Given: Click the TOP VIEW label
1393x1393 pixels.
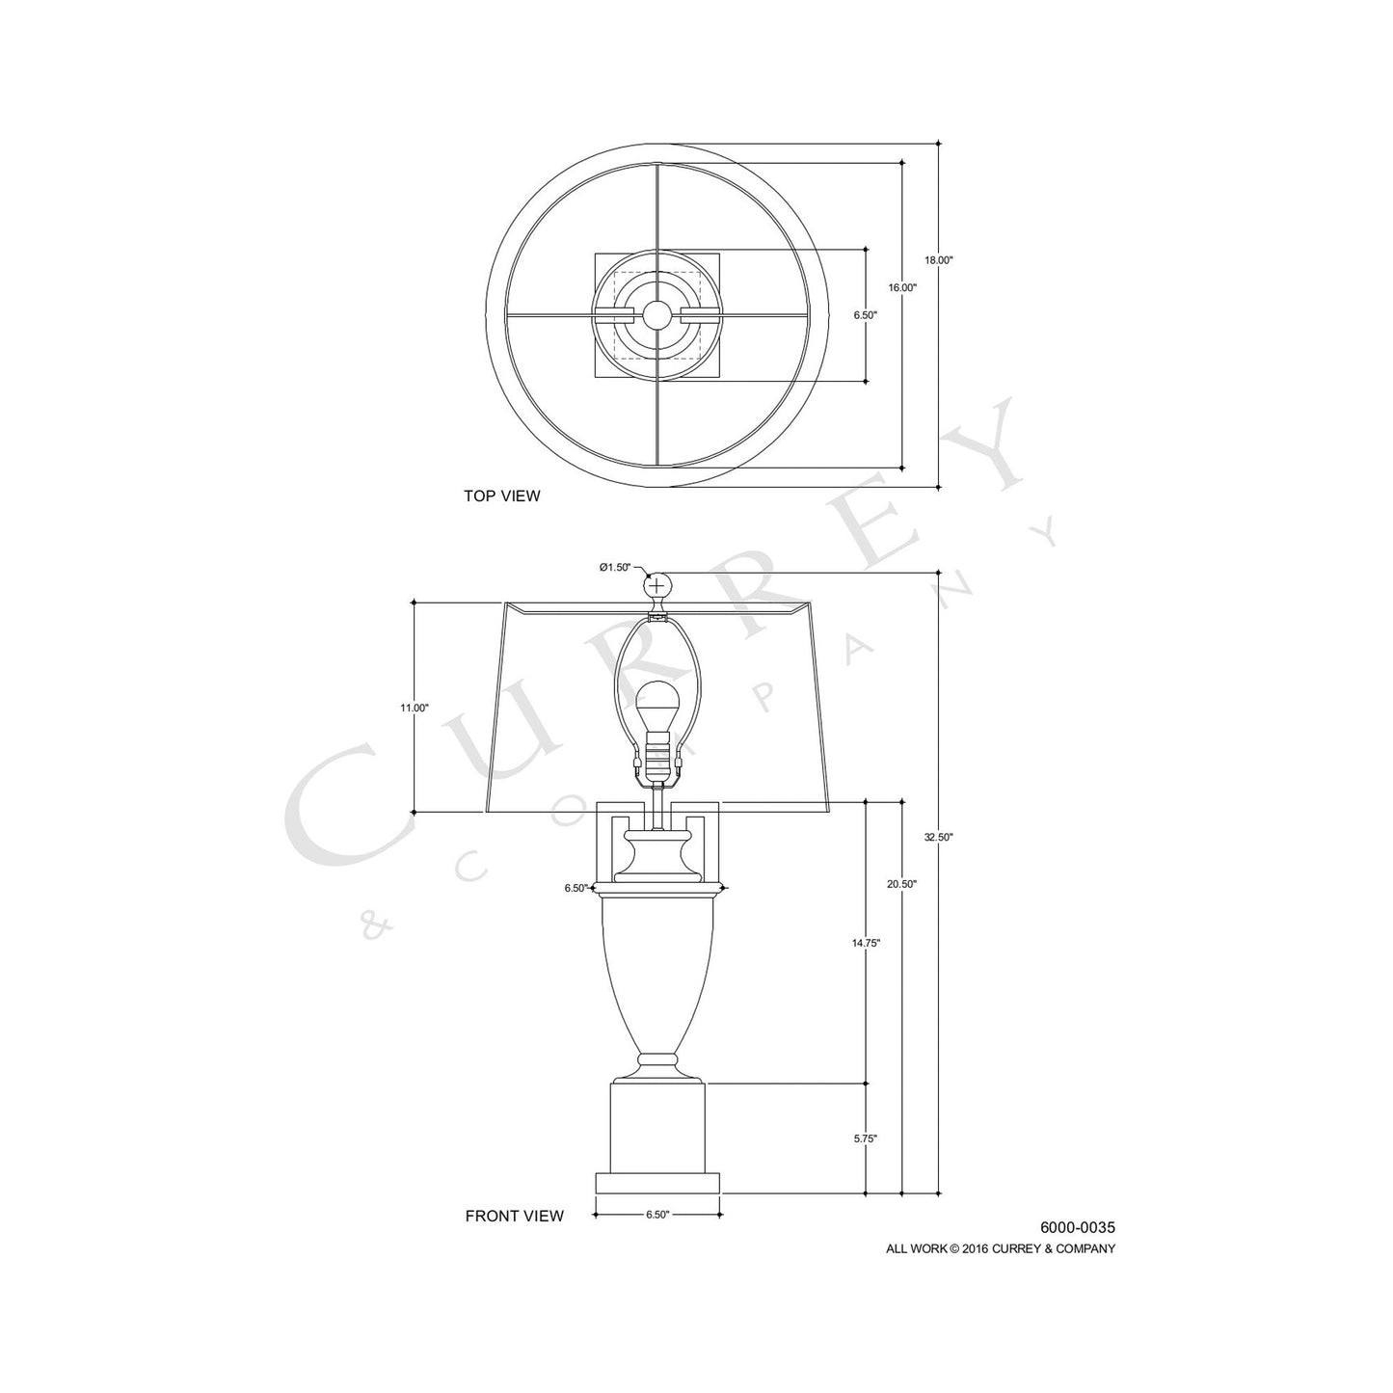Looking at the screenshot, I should point(501,496).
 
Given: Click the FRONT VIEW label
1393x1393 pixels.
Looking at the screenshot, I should point(514,1216).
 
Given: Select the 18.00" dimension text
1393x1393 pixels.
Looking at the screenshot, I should point(938,260).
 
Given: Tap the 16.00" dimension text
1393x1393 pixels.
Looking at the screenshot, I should point(902,287).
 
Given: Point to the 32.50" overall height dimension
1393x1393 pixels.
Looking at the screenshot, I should point(938,838).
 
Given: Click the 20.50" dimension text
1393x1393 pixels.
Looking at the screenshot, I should point(902,883).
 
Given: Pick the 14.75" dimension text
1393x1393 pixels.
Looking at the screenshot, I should point(866,943).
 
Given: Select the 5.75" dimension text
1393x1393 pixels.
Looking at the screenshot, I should point(866,1138).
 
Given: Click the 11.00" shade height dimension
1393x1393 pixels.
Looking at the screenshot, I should point(415,708).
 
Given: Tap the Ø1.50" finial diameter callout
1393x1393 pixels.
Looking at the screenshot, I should point(614,567).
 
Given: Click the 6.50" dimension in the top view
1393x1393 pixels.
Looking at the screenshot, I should point(866,314).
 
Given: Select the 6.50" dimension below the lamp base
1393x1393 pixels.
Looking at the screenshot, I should point(657,1215).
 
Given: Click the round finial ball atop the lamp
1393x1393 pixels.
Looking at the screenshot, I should point(657,585).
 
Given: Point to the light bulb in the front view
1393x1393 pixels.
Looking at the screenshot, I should point(657,703).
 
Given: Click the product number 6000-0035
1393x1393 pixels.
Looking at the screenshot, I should point(1077,1227).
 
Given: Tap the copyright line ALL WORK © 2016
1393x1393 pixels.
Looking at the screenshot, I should point(1001,1248).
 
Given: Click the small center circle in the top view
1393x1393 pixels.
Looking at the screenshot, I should point(657,314).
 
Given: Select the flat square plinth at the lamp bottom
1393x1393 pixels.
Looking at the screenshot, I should point(657,1182).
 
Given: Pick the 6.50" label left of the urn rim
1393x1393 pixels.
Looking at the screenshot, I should point(576,888).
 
